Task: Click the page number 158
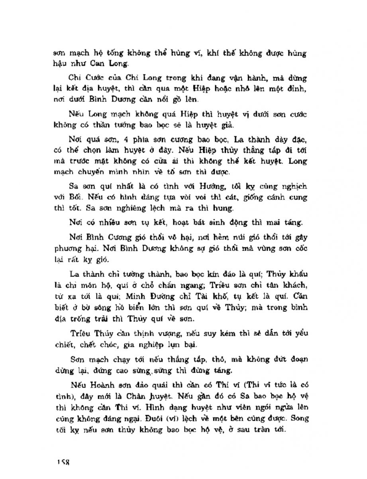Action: tap(63, 462)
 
